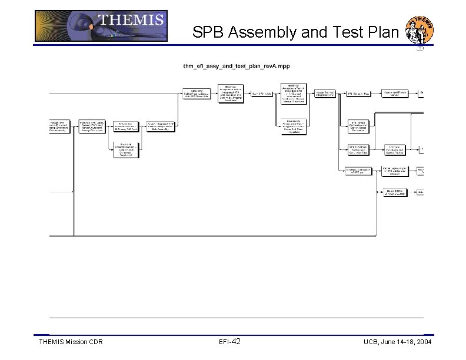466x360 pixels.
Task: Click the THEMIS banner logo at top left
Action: tap(101, 26)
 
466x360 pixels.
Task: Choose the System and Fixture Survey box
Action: tap(395, 93)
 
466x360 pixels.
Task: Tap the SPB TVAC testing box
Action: tap(395, 149)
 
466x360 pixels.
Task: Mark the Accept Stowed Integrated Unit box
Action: tap(325, 93)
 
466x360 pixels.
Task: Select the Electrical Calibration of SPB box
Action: tap(357, 171)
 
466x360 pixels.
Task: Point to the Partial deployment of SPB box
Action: tap(395, 171)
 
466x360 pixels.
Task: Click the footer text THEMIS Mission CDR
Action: tap(71, 342)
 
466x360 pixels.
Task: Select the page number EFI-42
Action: tap(229, 342)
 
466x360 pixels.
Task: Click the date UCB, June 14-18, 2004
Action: tap(397, 342)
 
